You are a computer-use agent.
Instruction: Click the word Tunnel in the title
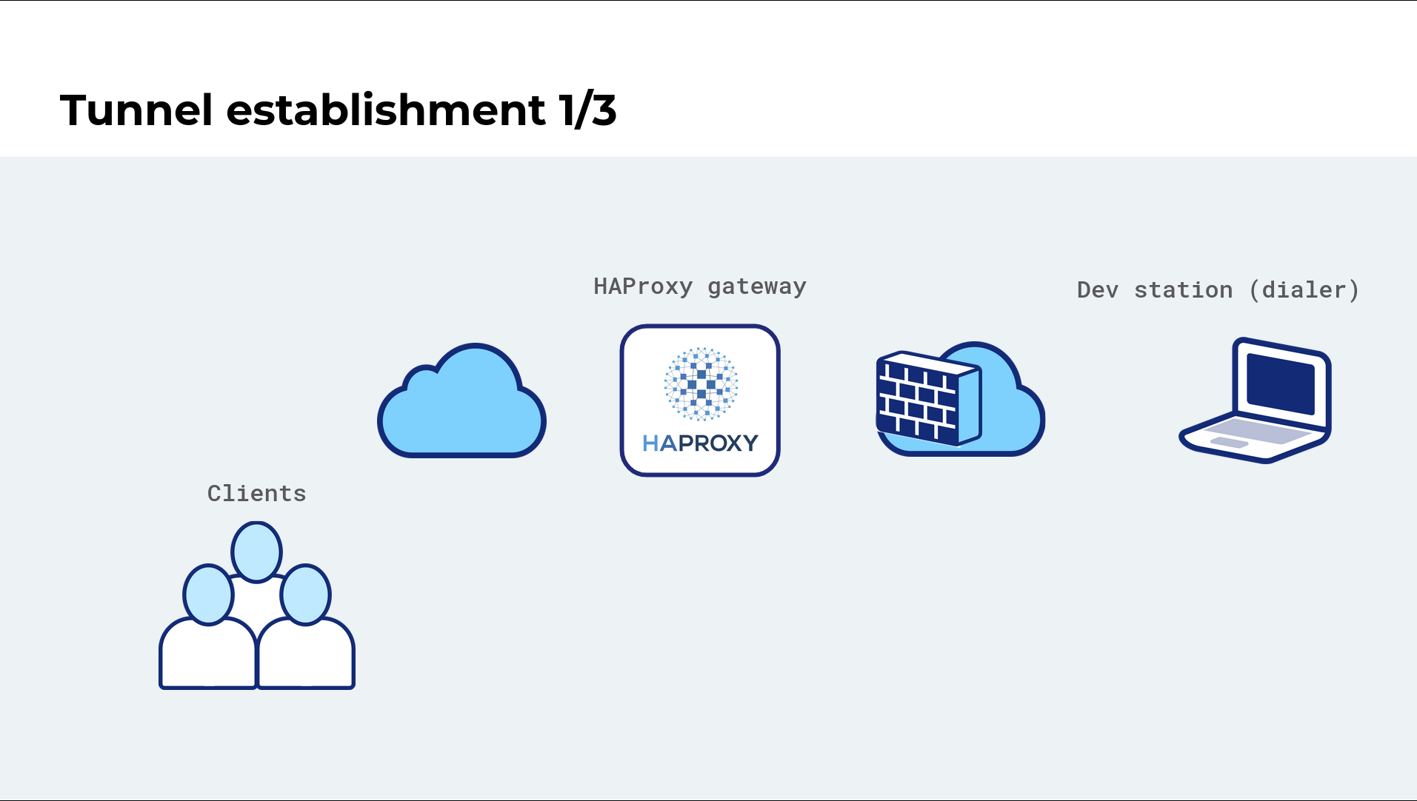[136, 110]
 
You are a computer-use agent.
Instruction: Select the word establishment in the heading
[386, 110]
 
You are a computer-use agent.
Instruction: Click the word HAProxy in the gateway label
[643, 286]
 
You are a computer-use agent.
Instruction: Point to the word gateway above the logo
[757, 288]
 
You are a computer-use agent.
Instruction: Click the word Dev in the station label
[1098, 289]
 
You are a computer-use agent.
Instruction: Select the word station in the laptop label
[1184, 289]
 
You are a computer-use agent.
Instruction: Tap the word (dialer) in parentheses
[1304, 289]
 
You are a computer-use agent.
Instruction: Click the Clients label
[256, 493]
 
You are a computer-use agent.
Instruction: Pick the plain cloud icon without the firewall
[462, 400]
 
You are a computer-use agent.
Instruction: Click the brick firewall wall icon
[929, 398]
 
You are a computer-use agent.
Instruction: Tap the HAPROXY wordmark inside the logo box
[700, 443]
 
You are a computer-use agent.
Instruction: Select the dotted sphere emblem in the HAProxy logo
[701, 383]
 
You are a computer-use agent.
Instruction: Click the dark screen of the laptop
[1281, 383]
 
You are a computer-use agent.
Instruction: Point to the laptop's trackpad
[1229, 442]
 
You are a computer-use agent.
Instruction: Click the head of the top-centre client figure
[256, 552]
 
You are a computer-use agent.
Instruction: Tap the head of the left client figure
[208, 594]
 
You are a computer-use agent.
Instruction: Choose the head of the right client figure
[305, 594]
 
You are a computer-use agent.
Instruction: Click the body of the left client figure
[208, 654]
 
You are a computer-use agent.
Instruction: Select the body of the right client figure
[306, 654]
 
